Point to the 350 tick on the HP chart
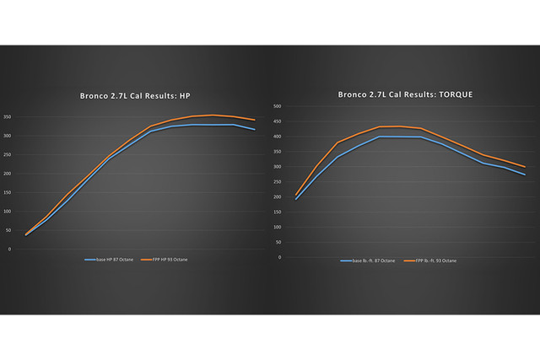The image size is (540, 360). tap(8, 116)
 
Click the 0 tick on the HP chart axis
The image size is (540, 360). tap(10, 250)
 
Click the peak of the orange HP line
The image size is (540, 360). tap(213, 115)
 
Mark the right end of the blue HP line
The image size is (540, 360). tap(255, 130)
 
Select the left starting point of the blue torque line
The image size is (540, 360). tap(295, 200)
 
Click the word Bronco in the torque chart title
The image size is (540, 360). tap(354, 94)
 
